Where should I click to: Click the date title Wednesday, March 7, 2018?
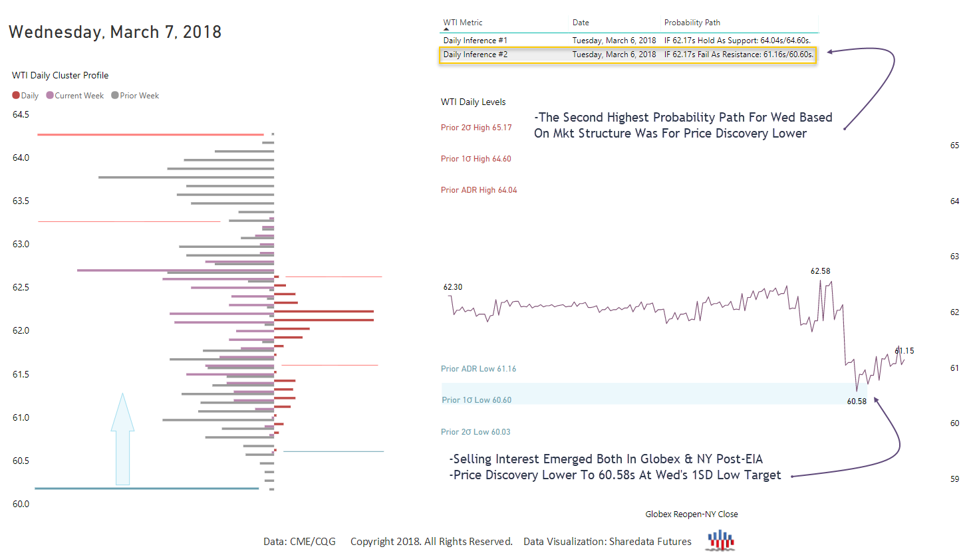click(x=114, y=32)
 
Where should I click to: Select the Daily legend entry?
click(x=25, y=96)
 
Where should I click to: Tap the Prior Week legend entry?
click(x=135, y=96)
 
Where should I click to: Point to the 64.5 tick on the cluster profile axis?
click(x=21, y=114)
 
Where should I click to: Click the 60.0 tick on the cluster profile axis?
click(x=21, y=504)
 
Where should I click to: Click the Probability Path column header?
click(x=692, y=23)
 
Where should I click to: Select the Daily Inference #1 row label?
click(x=475, y=41)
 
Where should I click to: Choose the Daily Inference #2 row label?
click(x=475, y=55)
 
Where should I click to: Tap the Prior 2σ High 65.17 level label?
click(x=476, y=128)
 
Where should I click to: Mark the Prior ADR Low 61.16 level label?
click(x=478, y=369)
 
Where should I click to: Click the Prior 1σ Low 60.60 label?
click(x=476, y=400)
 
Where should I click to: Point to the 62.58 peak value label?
click(x=820, y=271)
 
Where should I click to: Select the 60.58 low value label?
click(x=857, y=401)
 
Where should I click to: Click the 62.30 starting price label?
click(x=452, y=287)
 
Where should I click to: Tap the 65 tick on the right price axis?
click(x=954, y=145)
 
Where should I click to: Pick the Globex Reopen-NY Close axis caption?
click(x=691, y=514)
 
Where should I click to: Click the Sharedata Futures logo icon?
click(x=720, y=540)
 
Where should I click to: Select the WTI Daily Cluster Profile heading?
click(x=60, y=75)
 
